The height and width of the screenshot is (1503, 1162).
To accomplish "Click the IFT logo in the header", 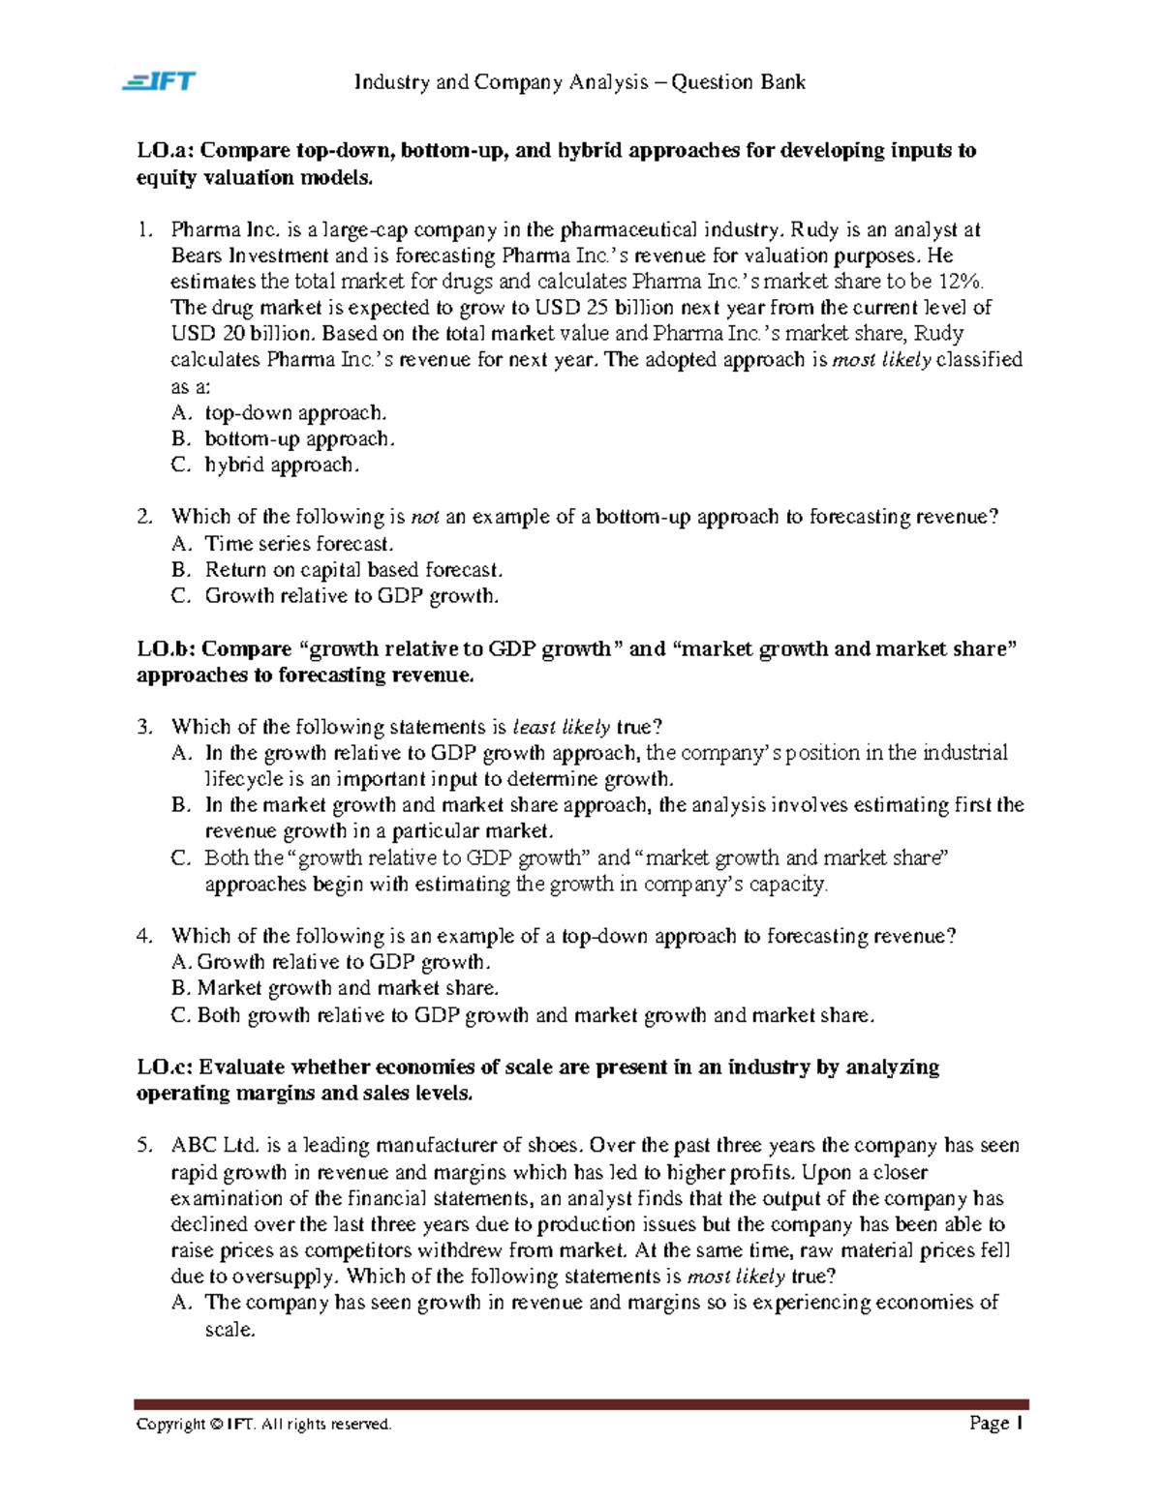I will click(159, 81).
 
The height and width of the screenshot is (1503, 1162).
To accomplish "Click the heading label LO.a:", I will click(166, 151).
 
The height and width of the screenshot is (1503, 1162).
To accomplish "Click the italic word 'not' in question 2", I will click(425, 518).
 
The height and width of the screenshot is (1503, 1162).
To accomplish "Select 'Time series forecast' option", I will click(298, 544).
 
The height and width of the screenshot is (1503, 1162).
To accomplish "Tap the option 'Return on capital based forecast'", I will click(352, 570).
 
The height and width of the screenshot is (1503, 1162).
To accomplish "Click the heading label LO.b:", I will click(167, 649).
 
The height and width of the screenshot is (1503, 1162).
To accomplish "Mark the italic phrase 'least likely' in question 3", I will click(562, 728).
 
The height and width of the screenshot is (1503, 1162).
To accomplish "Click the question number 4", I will click(143, 936).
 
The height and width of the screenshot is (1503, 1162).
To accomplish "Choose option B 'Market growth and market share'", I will click(347, 988).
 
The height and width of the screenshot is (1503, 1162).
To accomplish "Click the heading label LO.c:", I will click(166, 1067).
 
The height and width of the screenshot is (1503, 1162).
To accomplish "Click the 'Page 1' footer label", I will click(995, 1423).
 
